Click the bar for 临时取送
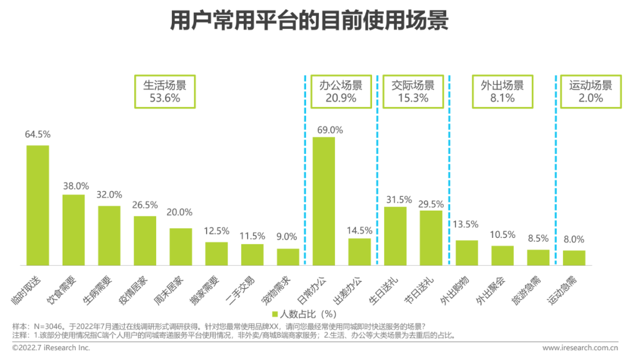point(38,205)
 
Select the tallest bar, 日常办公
point(323,201)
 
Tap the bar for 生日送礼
point(395,236)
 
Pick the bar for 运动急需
point(574,258)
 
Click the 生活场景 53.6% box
point(165,91)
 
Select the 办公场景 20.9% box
point(341,91)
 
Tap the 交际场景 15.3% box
point(413,91)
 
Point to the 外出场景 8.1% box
point(502,91)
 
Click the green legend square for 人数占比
point(275,315)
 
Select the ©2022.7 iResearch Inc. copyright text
point(51,348)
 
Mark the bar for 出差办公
point(359,252)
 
